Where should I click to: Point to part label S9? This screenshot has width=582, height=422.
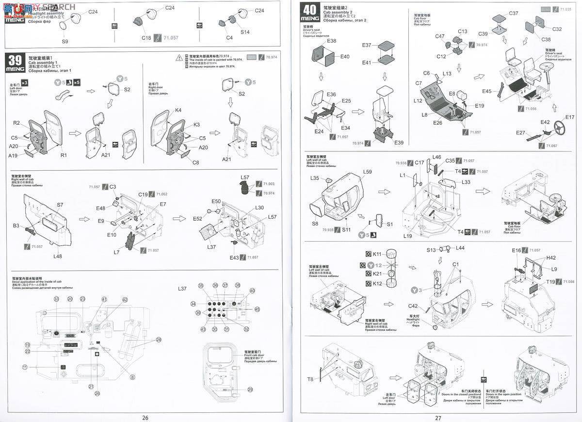pos(65,41)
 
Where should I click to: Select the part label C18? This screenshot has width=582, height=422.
pos(146,37)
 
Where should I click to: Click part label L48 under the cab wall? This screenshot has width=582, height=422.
pos(58,256)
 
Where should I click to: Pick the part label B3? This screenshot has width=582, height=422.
pos(16,226)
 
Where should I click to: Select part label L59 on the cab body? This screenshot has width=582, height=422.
pos(367,172)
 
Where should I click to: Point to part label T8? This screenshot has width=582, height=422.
pos(310,379)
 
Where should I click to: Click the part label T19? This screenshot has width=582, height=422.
pos(550,282)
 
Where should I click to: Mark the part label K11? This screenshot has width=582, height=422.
pos(377,254)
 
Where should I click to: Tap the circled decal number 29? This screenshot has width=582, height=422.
pos(250,390)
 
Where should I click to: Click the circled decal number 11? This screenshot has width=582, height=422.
pos(24,367)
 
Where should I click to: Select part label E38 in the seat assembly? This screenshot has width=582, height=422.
pos(332,41)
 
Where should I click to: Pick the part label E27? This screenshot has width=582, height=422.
pos(521,132)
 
